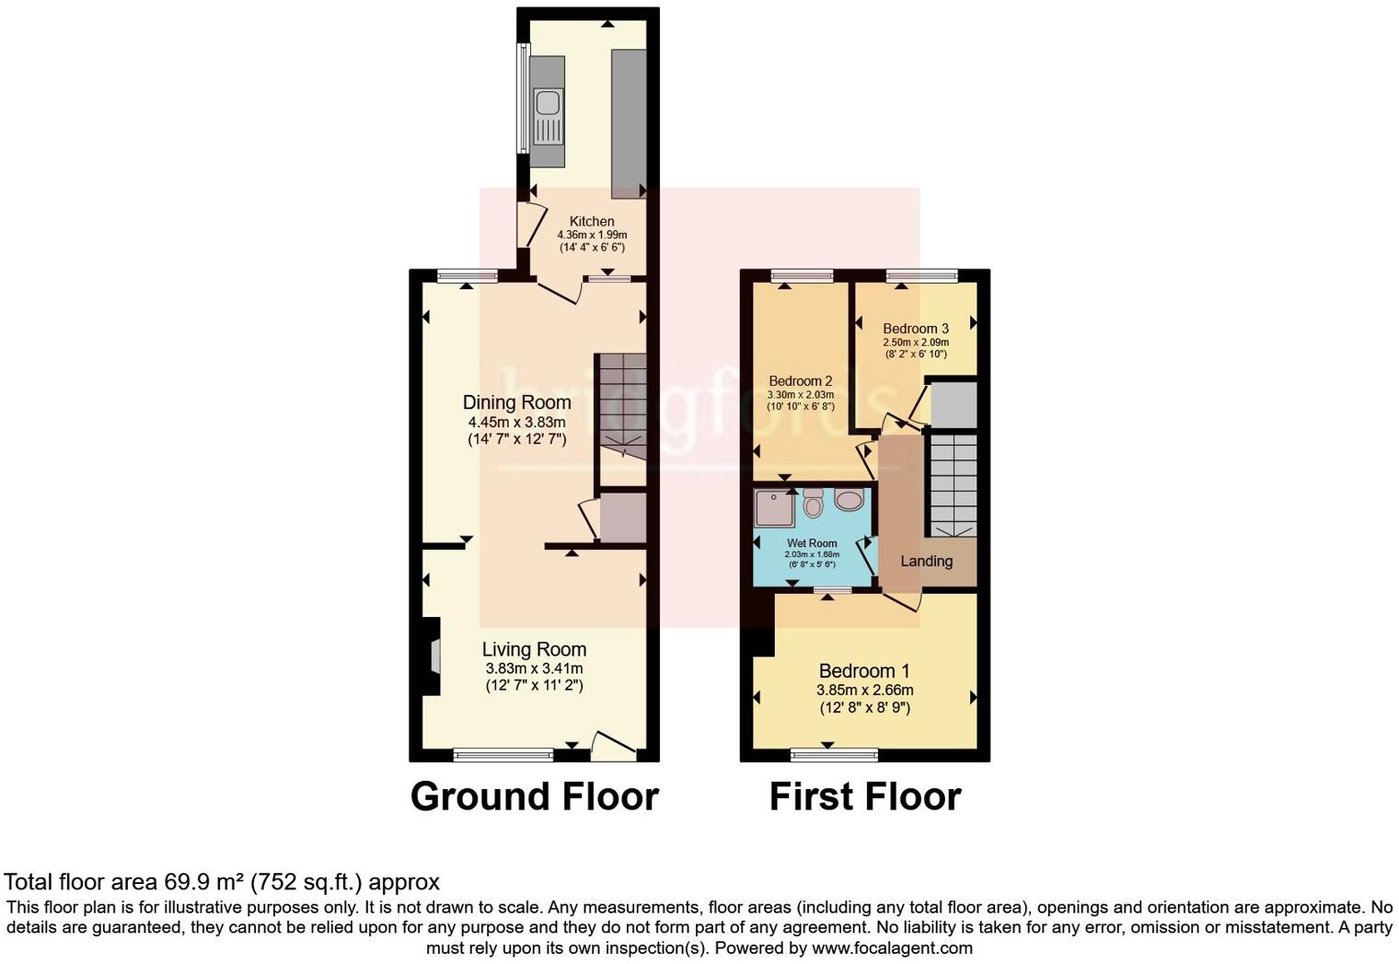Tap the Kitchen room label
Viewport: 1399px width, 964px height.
point(592,221)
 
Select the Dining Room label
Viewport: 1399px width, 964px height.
point(516,402)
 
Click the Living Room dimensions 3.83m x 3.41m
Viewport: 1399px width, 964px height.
point(534,668)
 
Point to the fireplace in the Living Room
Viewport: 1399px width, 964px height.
point(434,656)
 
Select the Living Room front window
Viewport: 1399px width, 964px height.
point(503,755)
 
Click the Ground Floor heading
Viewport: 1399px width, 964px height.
point(534,796)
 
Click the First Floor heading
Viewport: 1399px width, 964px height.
point(865,796)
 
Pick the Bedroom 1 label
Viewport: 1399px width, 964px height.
point(864,670)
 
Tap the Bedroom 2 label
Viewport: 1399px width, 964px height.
point(801,381)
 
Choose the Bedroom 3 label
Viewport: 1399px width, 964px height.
point(916,329)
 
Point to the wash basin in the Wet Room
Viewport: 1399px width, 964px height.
point(849,500)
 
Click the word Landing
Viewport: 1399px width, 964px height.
point(926,561)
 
